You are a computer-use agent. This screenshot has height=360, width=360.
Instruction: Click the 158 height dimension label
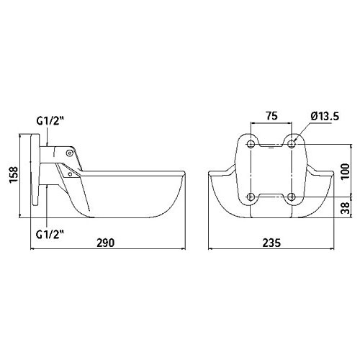(14, 174)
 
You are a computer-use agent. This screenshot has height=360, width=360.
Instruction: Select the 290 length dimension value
(106, 243)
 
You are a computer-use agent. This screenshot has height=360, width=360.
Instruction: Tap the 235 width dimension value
(271, 243)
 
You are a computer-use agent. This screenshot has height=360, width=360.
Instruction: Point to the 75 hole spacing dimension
(271, 116)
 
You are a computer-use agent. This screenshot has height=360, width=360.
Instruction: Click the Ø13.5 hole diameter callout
(325, 117)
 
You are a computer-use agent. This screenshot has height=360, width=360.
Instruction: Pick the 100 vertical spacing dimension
(345, 171)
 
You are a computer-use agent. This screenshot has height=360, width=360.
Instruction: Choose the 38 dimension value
(345, 208)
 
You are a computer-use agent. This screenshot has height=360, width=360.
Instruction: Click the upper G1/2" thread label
(50, 121)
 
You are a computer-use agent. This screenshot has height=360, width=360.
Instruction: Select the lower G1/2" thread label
(50, 234)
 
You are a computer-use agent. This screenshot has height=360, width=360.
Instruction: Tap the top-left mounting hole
(251, 144)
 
